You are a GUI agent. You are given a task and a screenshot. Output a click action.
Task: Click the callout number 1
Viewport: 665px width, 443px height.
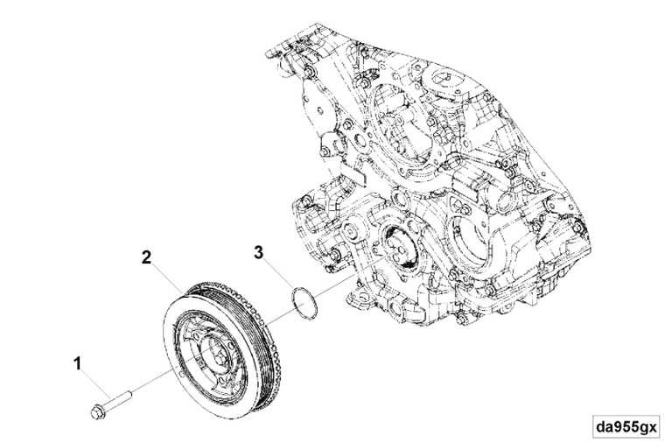78,361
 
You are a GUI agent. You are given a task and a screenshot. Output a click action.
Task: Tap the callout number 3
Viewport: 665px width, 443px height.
258,253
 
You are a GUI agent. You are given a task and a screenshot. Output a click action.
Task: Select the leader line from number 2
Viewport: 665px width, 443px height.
166,276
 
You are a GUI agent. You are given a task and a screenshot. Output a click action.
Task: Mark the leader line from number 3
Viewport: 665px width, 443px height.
278,272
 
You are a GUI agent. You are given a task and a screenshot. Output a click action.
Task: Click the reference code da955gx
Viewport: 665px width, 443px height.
625,427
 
